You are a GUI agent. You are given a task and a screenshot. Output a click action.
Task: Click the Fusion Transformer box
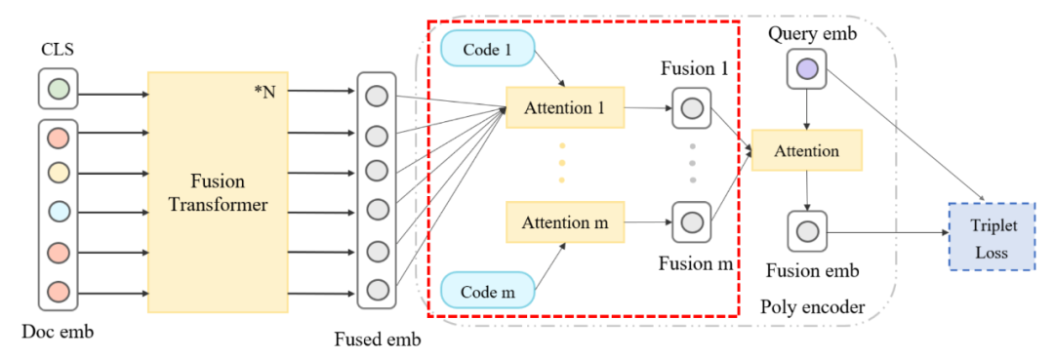pos(218,192)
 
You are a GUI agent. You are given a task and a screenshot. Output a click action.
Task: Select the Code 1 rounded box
pos(487,51)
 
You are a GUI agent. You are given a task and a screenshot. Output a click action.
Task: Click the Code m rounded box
pos(487,292)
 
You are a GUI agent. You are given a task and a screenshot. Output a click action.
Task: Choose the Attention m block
pos(565,221)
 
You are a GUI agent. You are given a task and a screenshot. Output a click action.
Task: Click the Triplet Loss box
pos(993,236)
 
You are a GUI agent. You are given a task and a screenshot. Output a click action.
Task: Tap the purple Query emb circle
pos(807,69)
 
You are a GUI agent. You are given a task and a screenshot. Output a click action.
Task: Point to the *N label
pos(264,92)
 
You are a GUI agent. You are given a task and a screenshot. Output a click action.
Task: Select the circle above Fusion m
pos(692,221)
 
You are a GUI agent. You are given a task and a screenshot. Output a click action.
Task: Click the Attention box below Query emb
pos(807,151)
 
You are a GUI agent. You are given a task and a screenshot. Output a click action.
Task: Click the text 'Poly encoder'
pos(811,307)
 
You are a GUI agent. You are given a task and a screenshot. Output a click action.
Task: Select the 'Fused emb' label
pos(378,340)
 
